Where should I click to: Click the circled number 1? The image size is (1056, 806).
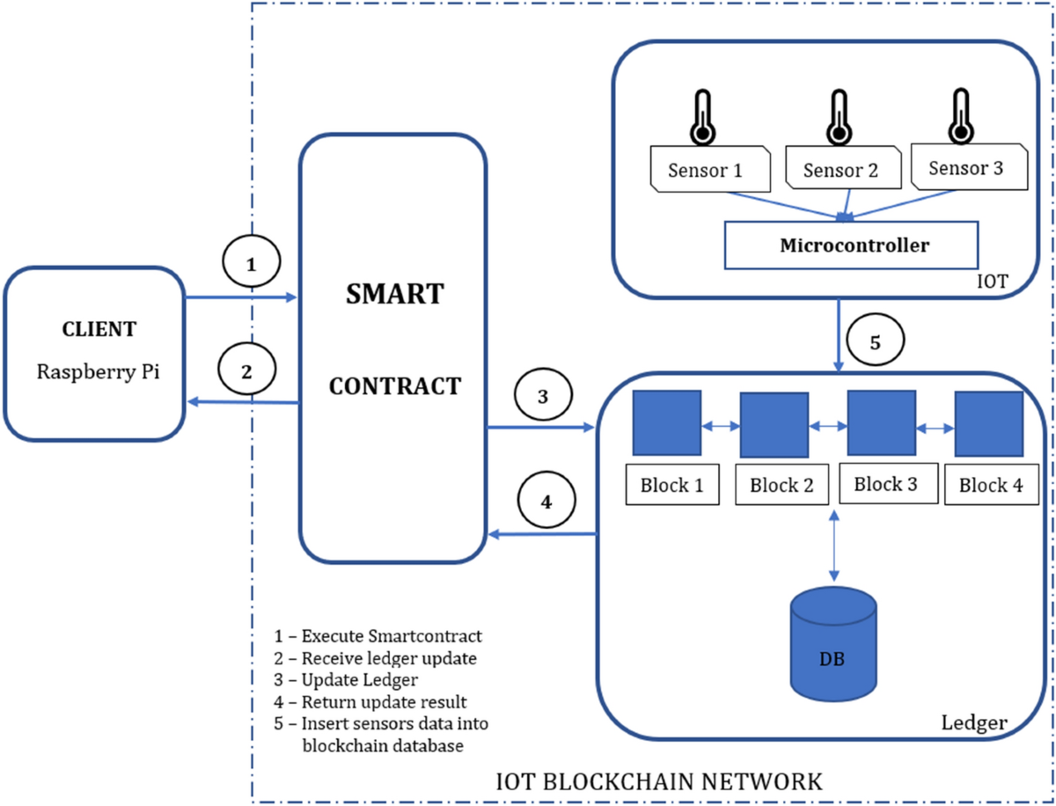point(251,263)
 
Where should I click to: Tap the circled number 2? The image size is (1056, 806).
point(247,370)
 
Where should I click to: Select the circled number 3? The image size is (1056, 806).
point(543,396)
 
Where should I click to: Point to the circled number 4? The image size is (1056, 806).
point(546,502)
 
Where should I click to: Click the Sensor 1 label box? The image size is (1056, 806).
point(710,170)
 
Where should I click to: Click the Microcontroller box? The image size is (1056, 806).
point(853,245)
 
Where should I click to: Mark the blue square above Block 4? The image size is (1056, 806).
point(988,423)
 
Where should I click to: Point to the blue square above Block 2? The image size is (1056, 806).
point(774,425)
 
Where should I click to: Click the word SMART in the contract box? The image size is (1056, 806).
point(393,293)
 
